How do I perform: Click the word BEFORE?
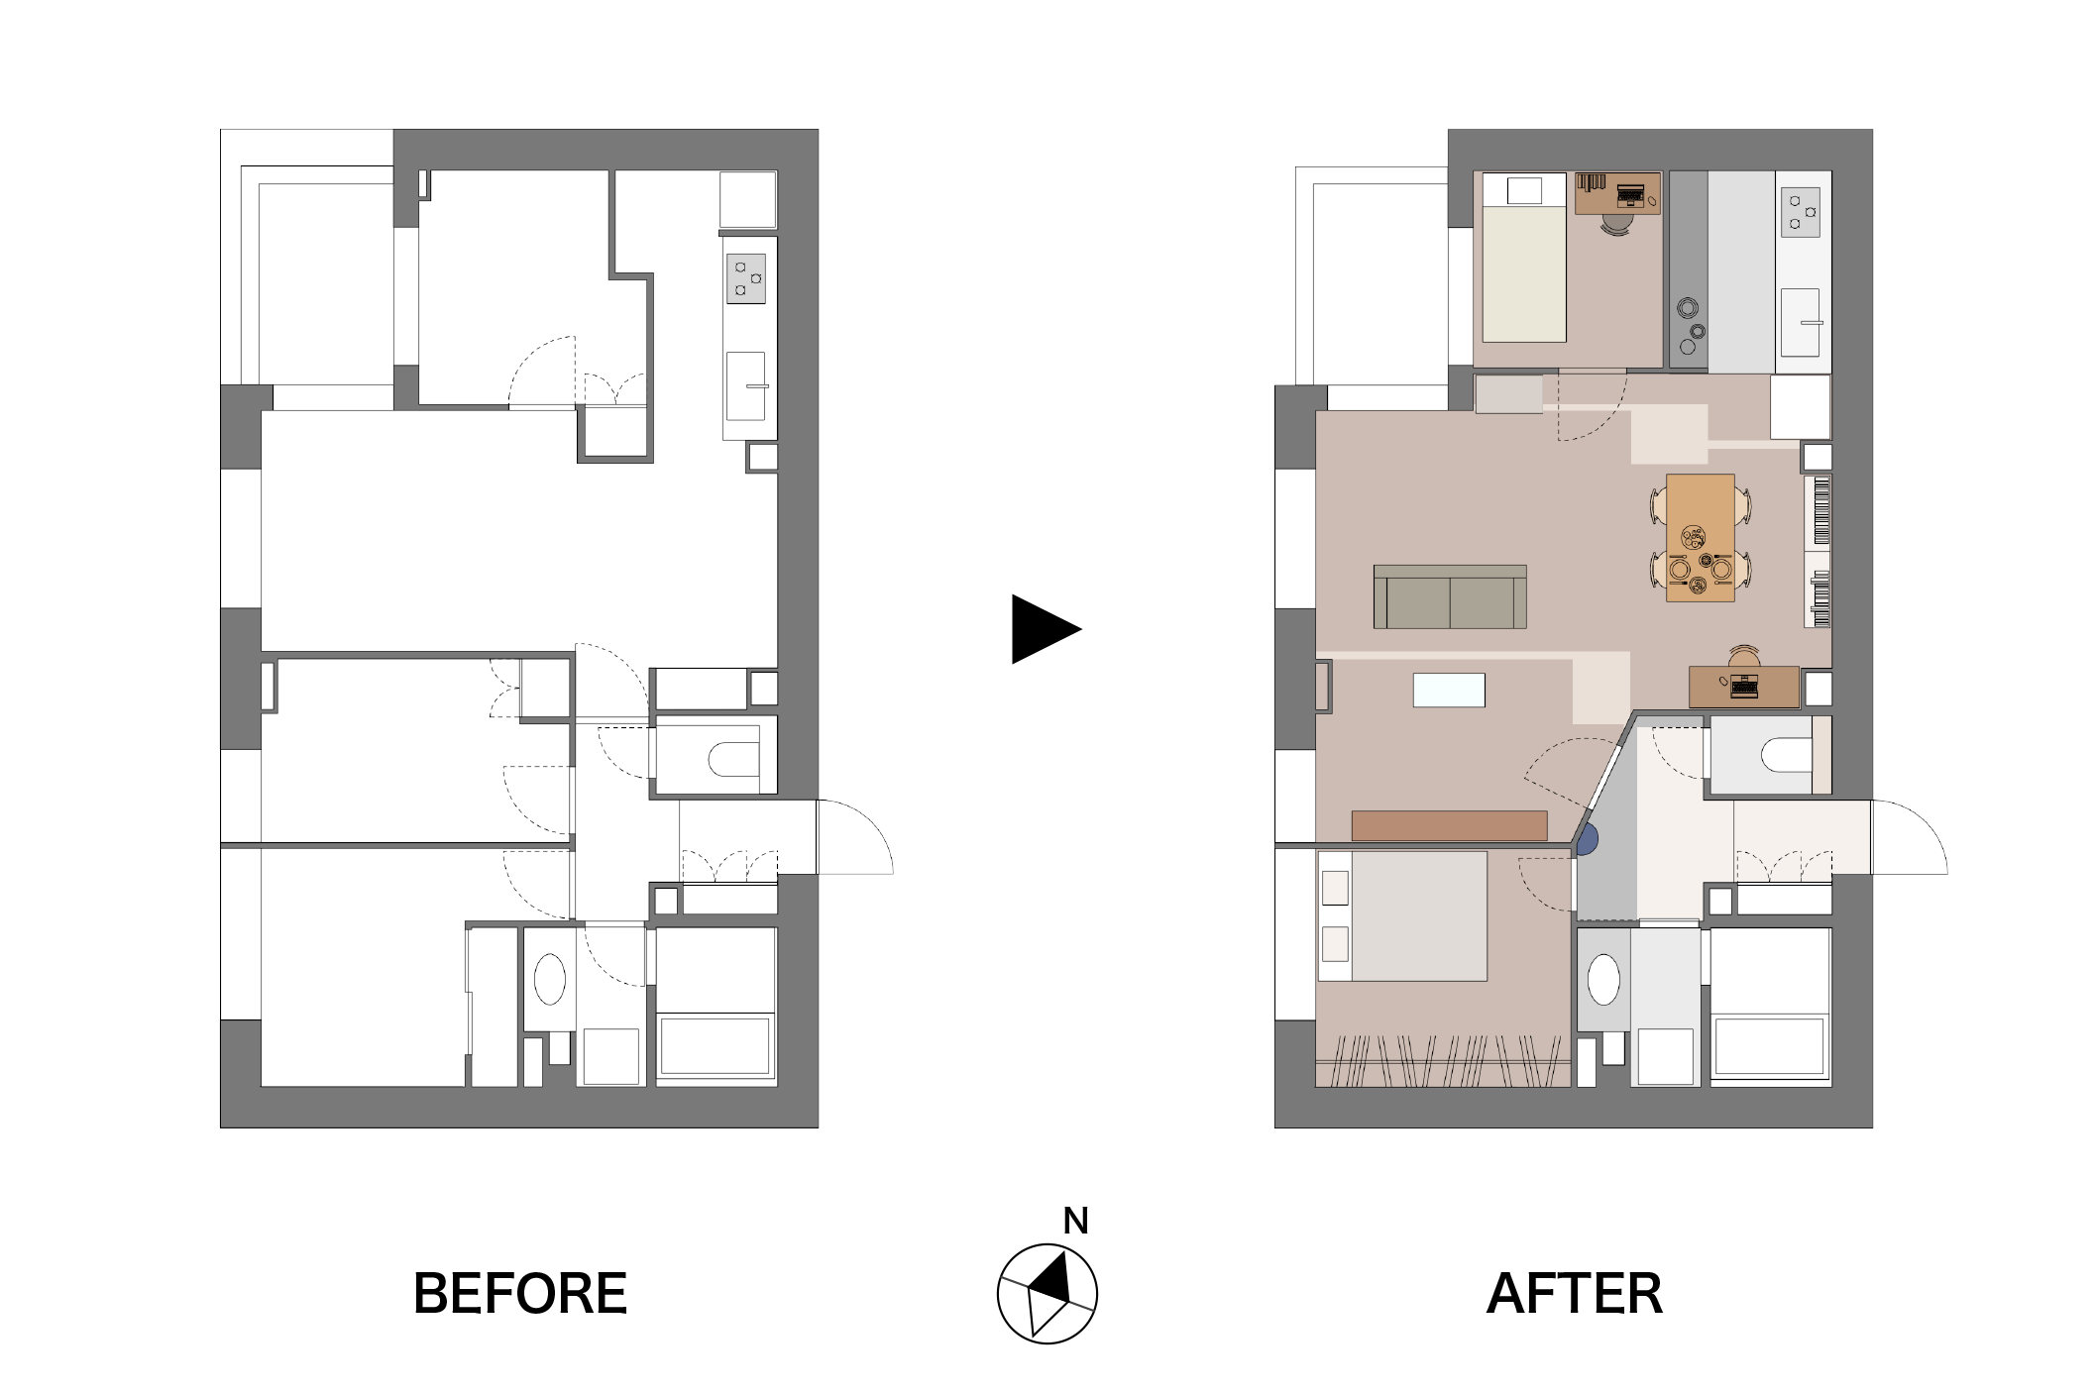pyautogui.click(x=520, y=1293)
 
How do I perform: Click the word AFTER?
pyautogui.click(x=1575, y=1293)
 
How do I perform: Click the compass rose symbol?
pyautogui.click(x=1047, y=1293)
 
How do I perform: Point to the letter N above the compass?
pyautogui.click(x=1075, y=1221)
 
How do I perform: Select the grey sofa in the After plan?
pyautogui.click(x=1450, y=596)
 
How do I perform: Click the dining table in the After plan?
pyautogui.click(x=1701, y=538)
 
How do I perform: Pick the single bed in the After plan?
pyautogui.click(x=1523, y=258)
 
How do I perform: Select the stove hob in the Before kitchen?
pyautogui.click(x=746, y=278)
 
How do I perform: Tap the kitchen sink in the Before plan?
pyautogui.click(x=746, y=385)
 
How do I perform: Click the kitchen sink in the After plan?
pyautogui.click(x=1801, y=322)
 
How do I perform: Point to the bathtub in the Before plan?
pyautogui.click(x=716, y=1044)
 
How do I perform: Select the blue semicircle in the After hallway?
pyautogui.click(x=1588, y=840)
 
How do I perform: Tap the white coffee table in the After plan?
pyautogui.click(x=1449, y=690)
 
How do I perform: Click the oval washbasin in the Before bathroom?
pyautogui.click(x=550, y=980)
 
